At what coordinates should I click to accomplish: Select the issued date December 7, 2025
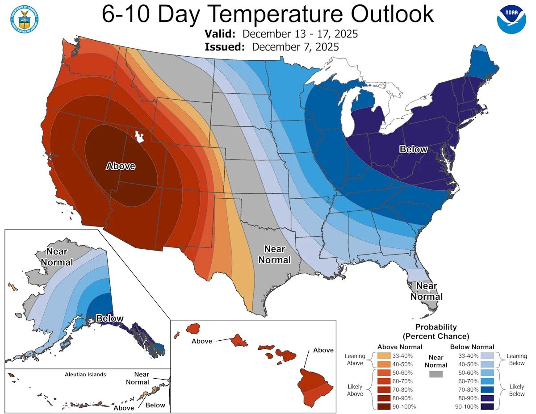[295, 46]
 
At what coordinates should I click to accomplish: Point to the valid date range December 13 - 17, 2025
[300, 34]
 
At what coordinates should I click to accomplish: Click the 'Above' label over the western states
[120, 166]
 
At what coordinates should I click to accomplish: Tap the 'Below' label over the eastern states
[413, 149]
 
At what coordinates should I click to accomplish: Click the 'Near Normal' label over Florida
[427, 291]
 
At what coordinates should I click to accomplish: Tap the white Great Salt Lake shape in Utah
[140, 136]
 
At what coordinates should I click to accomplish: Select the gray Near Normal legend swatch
[435, 374]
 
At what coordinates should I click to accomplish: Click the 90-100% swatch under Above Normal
[384, 406]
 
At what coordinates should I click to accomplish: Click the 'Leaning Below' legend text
[517, 360]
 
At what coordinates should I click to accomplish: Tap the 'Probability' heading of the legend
[435, 327]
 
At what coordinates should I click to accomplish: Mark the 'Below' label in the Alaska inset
[110, 318]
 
